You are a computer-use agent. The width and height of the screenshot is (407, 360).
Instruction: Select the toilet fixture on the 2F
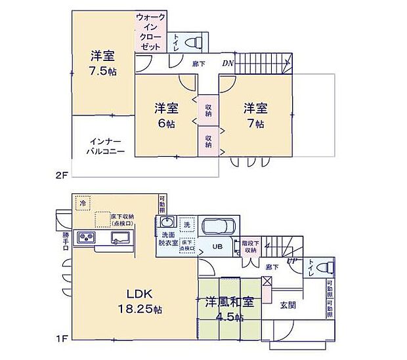[194, 43]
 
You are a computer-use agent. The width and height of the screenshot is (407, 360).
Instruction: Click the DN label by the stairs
[227, 64]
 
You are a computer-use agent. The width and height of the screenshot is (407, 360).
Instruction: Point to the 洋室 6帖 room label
[166, 114]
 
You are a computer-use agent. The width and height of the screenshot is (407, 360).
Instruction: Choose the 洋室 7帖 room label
[255, 114]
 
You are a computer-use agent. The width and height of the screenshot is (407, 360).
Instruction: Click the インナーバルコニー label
[102, 146]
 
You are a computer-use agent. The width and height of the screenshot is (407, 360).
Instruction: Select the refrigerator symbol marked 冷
[83, 203]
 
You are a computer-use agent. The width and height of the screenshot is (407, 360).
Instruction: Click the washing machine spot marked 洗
[186, 225]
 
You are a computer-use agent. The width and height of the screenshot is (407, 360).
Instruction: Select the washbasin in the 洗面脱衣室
[166, 222]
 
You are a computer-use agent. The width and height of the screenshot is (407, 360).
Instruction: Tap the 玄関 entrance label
[287, 304]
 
